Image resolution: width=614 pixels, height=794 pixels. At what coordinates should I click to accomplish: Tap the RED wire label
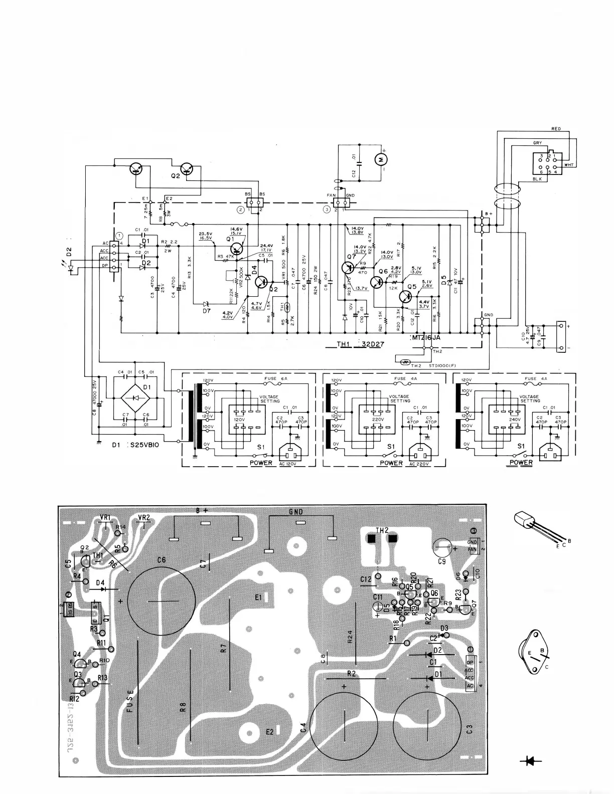click(x=555, y=129)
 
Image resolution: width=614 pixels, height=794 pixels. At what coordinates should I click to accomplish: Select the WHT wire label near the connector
click(x=568, y=165)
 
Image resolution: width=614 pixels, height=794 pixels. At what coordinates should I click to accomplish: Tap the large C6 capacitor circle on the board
click(x=162, y=602)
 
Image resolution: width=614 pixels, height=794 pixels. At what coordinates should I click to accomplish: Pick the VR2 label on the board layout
click(x=144, y=517)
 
